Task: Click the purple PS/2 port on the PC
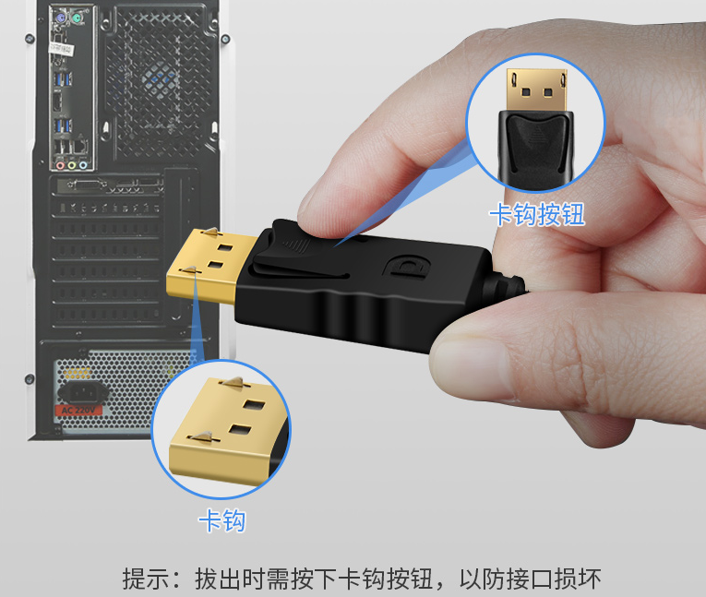(x=60, y=18)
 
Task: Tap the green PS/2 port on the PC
(x=77, y=18)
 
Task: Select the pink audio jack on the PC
(x=60, y=165)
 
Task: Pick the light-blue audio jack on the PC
(x=83, y=165)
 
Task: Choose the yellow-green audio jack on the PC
(x=72, y=165)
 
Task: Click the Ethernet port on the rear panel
(x=80, y=147)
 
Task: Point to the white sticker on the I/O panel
(x=62, y=48)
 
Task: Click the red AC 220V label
(x=78, y=411)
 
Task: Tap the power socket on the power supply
(x=84, y=392)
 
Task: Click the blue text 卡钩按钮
(x=537, y=214)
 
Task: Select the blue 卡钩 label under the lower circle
(x=222, y=521)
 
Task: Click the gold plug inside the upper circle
(x=536, y=90)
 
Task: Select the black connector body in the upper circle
(x=536, y=149)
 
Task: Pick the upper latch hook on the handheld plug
(x=210, y=233)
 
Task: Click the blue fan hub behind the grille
(x=160, y=78)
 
